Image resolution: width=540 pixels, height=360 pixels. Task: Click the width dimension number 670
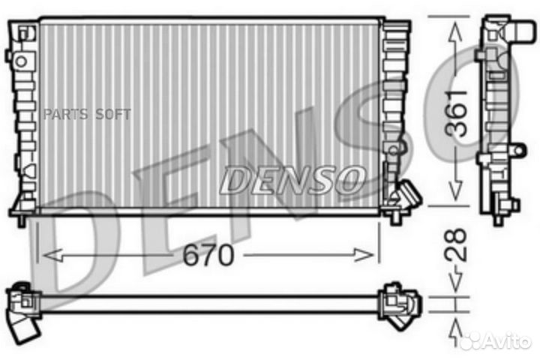pyautogui.click(x=208, y=256)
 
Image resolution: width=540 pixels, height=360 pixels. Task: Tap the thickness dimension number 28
pyautogui.click(x=458, y=245)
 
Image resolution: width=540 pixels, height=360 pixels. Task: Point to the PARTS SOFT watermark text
pyautogui.click(x=86, y=114)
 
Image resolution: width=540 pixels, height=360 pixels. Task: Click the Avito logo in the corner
pyautogui.click(x=495, y=341)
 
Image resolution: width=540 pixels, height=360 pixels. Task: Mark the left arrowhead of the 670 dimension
pyautogui.click(x=46, y=256)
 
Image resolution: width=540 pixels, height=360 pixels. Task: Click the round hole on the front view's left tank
pyautogui.click(x=22, y=60)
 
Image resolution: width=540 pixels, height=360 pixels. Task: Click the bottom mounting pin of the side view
pyautogui.click(x=497, y=219)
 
